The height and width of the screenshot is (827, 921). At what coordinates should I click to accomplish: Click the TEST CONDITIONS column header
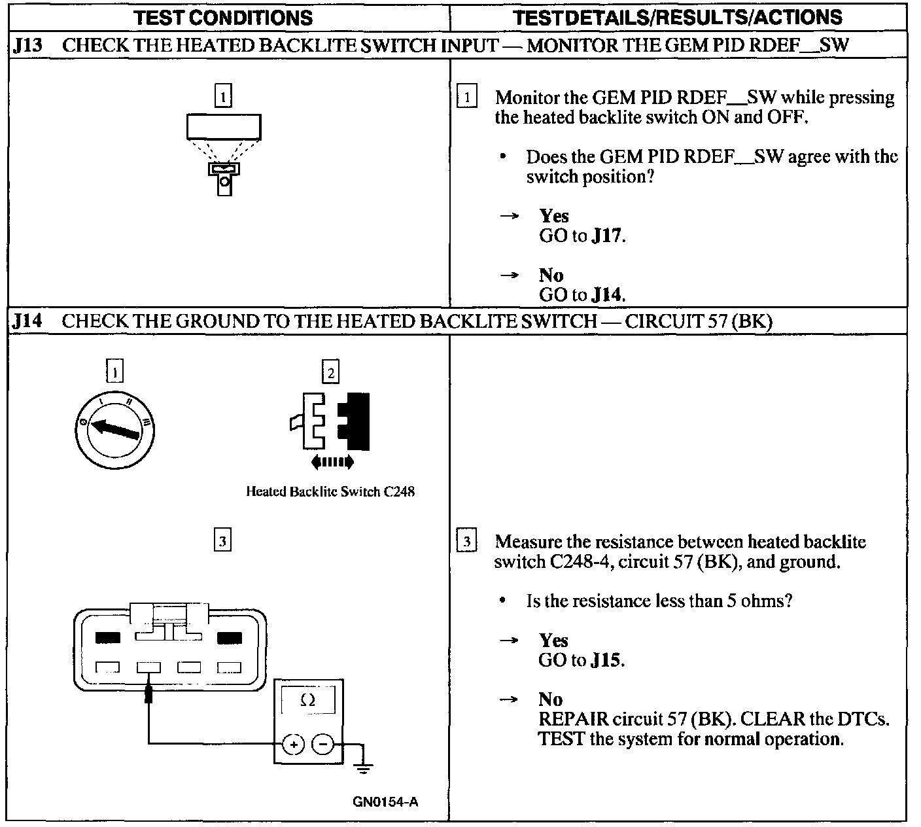pyautogui.click(x=224, y=17)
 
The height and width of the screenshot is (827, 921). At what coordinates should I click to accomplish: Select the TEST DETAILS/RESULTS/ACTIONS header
pyautogui.click(x=678, y=17)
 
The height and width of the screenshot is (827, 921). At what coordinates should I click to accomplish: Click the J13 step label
pyautogui.click(x=27, y=46)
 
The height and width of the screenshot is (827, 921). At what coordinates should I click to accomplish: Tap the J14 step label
pyautogui.click(x=27, y=321)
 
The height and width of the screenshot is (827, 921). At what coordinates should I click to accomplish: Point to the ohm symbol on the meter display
pyautogui.click(x=307, y=701)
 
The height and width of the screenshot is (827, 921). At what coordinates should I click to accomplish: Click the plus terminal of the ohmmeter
pyautogui.click(x=293, y=744)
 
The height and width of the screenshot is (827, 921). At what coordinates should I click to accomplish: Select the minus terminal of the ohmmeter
pyautogui.click(x=322, y=744)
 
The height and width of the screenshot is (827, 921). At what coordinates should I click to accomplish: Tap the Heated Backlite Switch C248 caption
pyautogui.click(x=330, y=491)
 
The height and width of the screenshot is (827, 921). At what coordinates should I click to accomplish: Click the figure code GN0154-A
pyautogui.click(x=385, y=802)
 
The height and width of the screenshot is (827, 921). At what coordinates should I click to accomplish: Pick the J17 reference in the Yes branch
pyautogui.click(x=606, y=236)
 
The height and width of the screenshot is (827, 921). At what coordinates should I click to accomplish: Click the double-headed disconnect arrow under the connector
pyautogui.click(x=332, y=463)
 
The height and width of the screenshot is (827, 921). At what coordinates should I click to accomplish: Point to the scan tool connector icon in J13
pyautogui.click(x=224, y=177)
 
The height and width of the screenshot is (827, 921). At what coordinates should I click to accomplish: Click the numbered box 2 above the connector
pyautogui.click(x=330, y=373)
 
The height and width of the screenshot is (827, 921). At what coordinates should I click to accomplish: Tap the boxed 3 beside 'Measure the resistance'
pyautogui.click(x=466, y=542)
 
